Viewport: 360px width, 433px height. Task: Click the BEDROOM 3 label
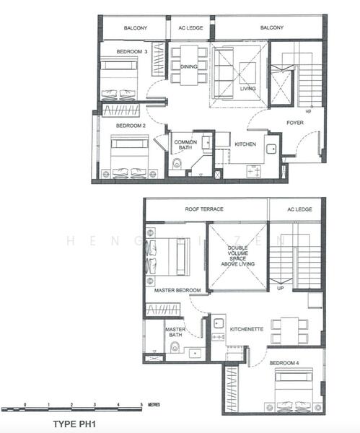[x=132, y=52]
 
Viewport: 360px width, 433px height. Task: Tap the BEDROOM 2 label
[x=131, y=126]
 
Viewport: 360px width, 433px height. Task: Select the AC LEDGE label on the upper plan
[x=190, y=28]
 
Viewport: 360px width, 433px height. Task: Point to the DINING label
[x=189, y=66]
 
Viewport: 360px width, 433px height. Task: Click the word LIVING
[x=247, y=89]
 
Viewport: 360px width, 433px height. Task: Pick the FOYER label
[x=295, y=123]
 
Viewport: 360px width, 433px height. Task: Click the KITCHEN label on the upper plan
[x=245, y=144]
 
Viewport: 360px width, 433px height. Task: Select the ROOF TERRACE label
[x=204, y=209]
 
